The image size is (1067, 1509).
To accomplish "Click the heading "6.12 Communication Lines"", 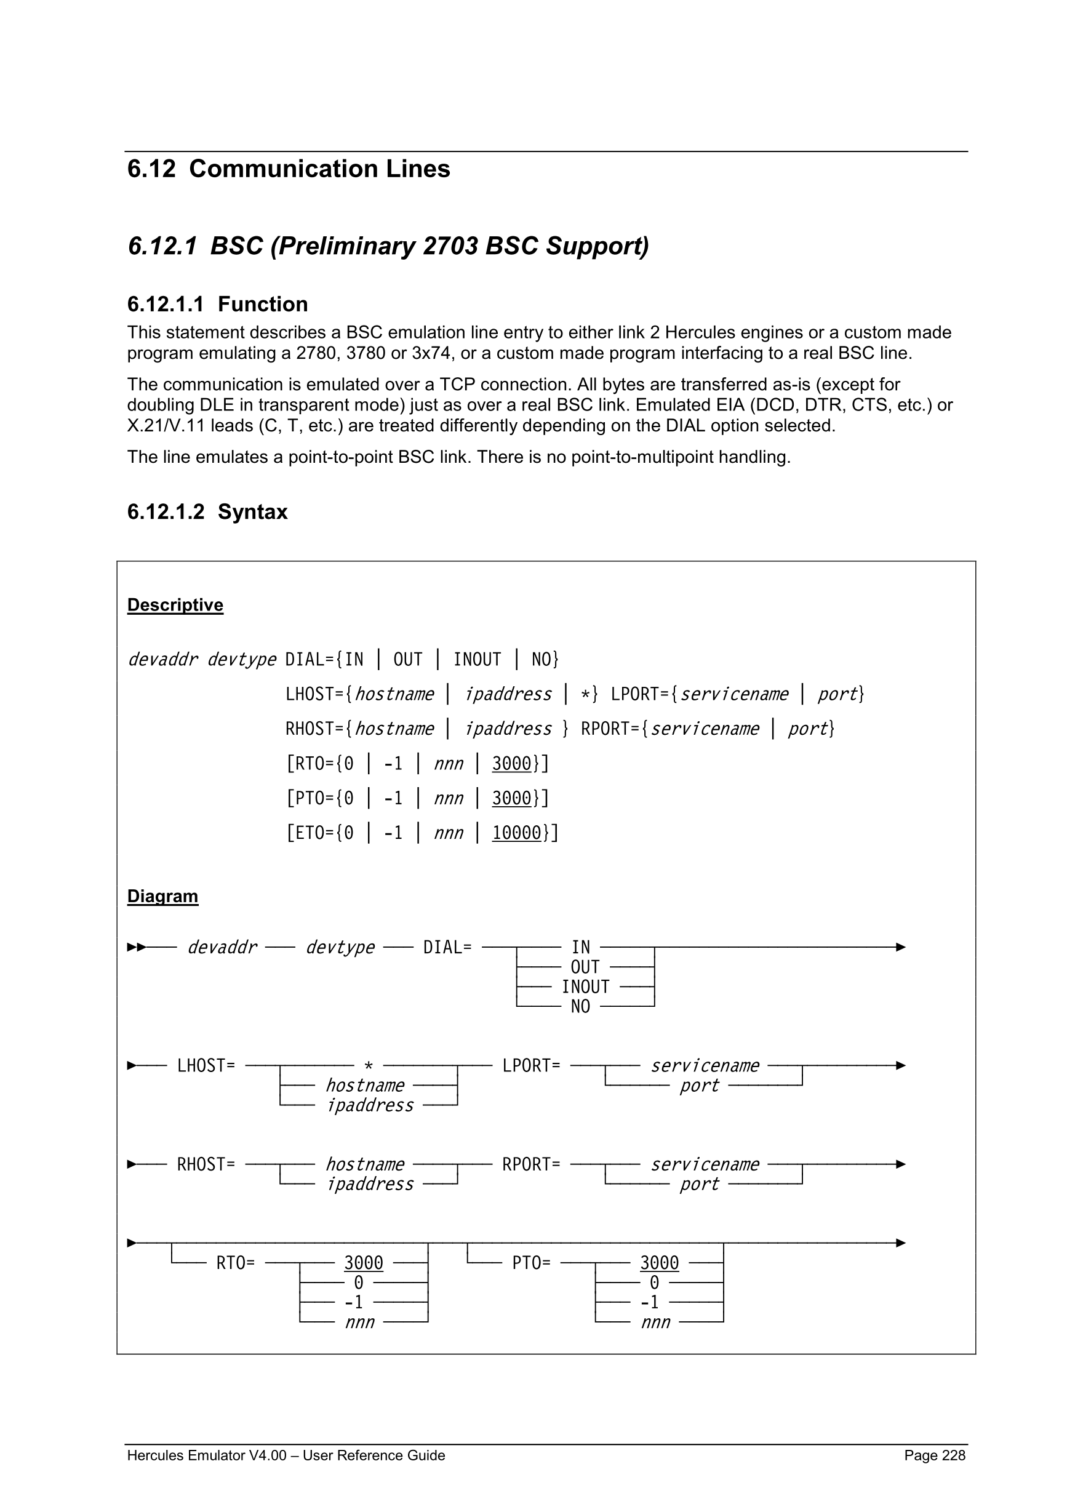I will (x=289, y=169).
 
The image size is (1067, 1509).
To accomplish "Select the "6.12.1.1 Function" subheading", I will (x=217, y=304).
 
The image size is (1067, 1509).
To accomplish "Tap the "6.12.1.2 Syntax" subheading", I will (x=207, y=512).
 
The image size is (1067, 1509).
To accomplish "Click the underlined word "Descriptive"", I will (x=175, y=605).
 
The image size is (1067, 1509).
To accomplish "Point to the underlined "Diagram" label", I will (x=162, y=897).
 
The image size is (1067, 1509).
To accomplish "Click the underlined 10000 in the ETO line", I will (x=516, y=833).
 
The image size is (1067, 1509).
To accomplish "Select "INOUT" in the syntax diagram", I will (x=585, y=987).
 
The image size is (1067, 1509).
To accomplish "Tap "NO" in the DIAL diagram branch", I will (x=580, y=1007).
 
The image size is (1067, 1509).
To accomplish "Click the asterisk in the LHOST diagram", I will (x=369, y=1066).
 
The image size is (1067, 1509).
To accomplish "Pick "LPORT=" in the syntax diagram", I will (x=531, y=1065).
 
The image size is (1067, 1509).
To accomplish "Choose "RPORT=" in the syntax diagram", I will (x=531, y=1164).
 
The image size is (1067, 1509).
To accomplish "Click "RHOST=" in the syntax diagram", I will (x=206, y=1164).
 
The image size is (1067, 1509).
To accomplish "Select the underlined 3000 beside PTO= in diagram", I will (x=659, y=1263).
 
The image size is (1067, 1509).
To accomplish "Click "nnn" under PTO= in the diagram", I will (x=655, y=1322).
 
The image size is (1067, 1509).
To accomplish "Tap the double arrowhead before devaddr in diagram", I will (x=137, y=947).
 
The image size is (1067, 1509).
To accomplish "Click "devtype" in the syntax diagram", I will (x=340, y=947).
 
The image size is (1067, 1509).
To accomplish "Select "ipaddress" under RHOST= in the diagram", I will (x=370, y=1183).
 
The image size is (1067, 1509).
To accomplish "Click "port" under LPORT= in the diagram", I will (x=699, y=1085).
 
